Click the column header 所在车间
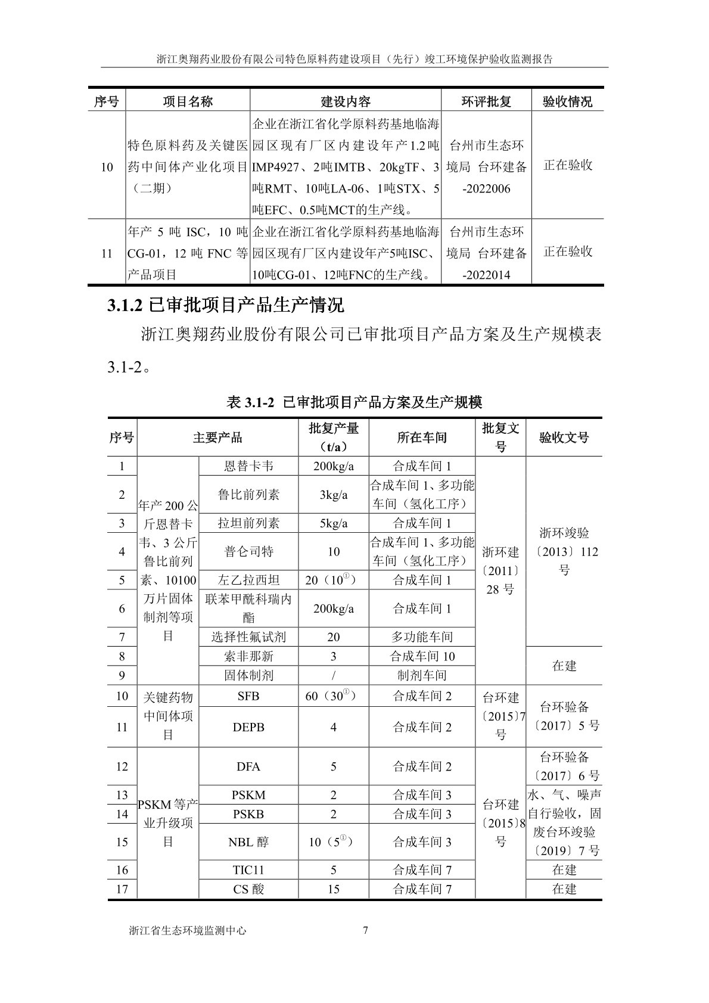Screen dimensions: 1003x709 tap(422, 437)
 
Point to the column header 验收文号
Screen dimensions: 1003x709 tap(564, 437)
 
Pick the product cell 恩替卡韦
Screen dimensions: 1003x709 tap(248, 466)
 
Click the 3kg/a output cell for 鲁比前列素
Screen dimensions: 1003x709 tap(333, 495)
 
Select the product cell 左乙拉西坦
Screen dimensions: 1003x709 tap(248, 580)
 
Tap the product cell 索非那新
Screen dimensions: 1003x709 tap(248, 656)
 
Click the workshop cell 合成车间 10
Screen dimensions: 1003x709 tap(422, 656)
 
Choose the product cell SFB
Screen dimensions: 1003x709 tap(248, 696)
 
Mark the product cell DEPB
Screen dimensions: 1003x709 tap(248, 727)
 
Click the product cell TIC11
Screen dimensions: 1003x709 tap(248, 870)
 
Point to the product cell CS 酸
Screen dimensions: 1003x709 tap(248, 889)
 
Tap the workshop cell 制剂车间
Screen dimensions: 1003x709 tap(422, 675)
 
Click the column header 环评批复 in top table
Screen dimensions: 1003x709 tap(486, 101)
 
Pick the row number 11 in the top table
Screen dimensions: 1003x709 tap(107, 253)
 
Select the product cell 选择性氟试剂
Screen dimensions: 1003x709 tap(248, 636)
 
